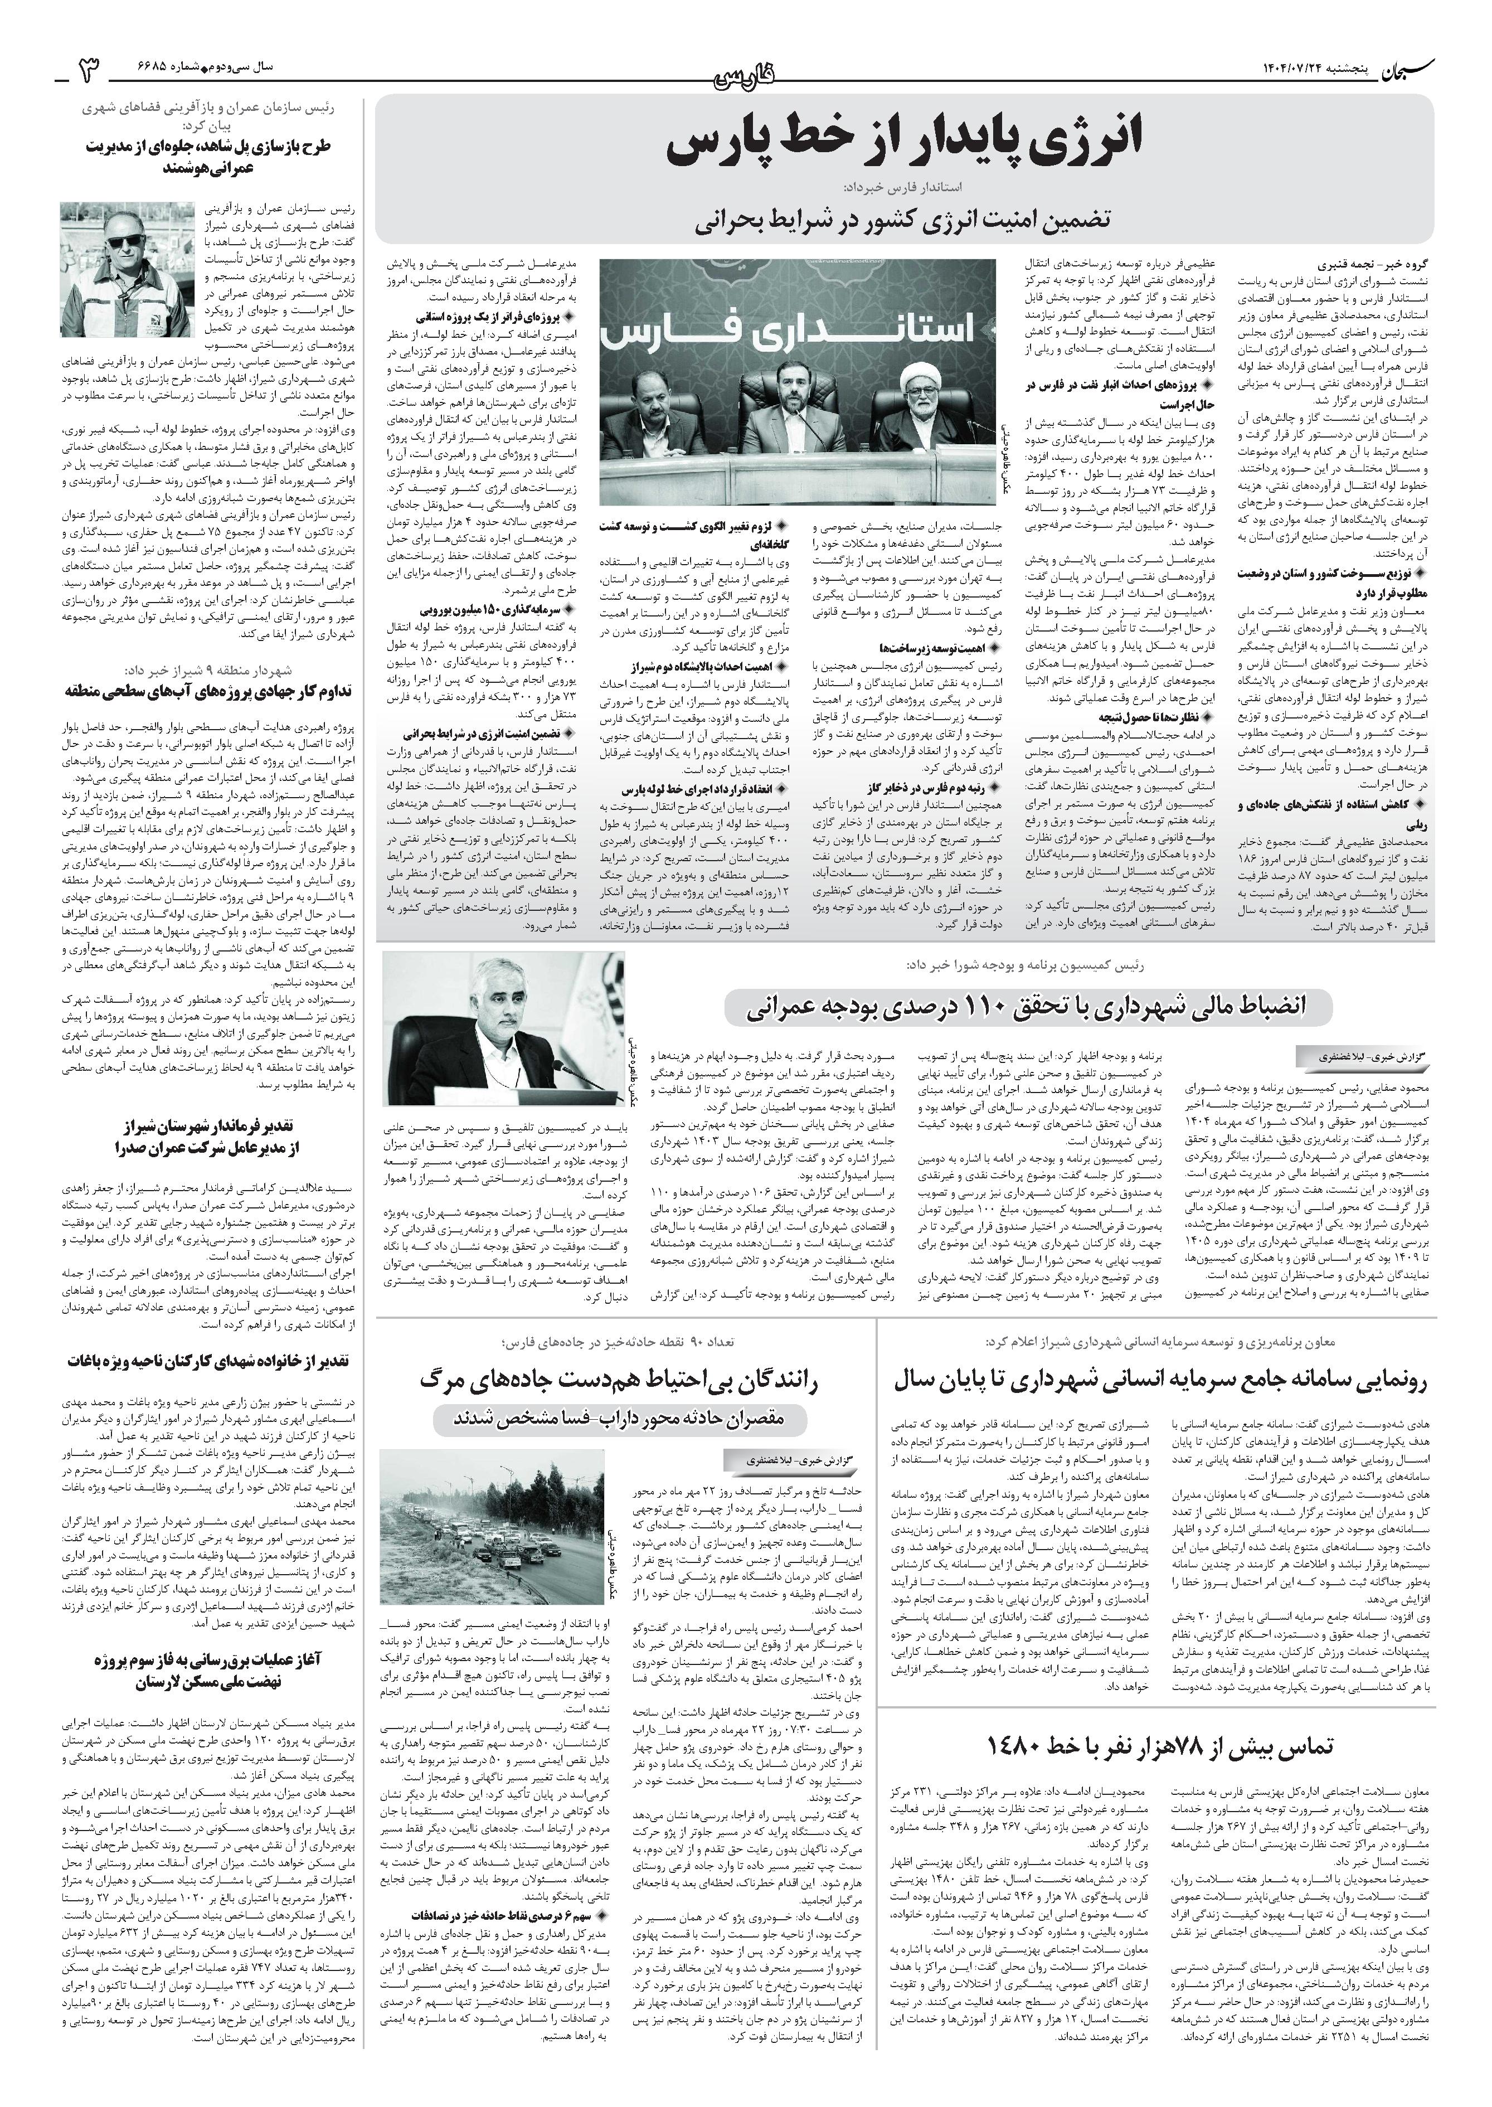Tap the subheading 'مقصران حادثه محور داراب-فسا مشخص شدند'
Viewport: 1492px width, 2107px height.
pos(621,1419)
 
